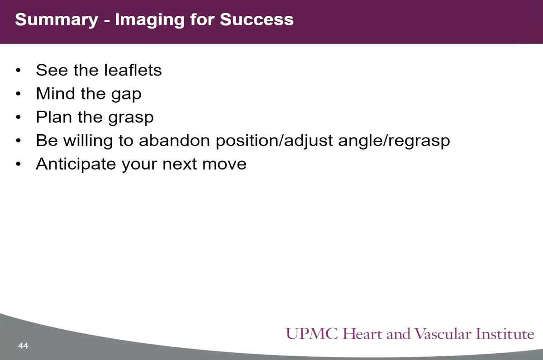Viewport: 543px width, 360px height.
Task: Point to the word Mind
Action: click(x=54, y=94)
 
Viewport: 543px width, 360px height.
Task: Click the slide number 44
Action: click(x=23, y=346)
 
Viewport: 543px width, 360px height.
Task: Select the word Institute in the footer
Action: click(x=506, y=335)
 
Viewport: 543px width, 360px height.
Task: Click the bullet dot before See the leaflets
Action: click(x=18, y=71)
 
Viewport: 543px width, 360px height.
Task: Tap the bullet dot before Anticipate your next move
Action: click(x=18, y=164)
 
